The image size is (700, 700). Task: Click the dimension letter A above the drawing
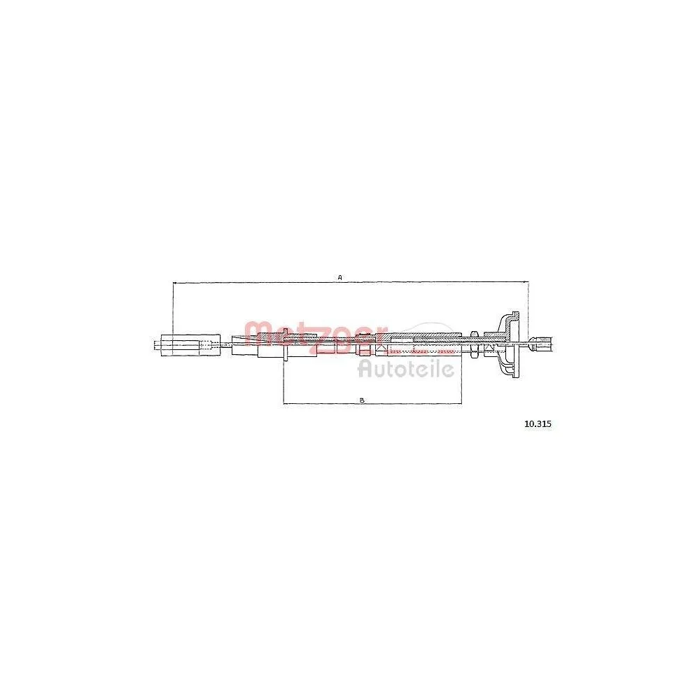(339, 277)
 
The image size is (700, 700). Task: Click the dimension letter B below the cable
(362, 400)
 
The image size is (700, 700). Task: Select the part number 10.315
(538, 423)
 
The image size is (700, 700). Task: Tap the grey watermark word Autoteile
(406, 369)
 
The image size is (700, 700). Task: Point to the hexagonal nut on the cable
(475, 344)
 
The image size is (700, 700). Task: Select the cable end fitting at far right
(541, 344)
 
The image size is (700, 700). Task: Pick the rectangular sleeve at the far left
(190, 345)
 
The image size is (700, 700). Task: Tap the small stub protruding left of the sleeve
(157, 345)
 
